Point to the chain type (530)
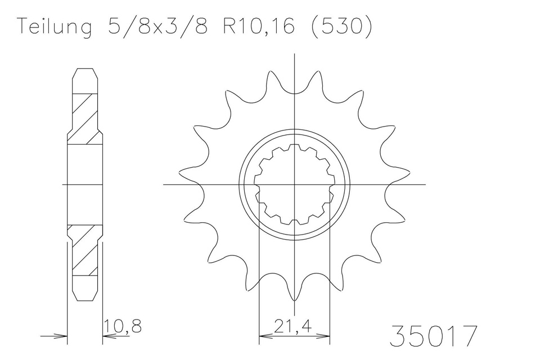point(341,27)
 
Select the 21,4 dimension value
point(294,326)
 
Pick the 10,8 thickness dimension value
point(123,326)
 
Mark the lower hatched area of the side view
point(85,250)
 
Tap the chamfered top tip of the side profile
point(85,70)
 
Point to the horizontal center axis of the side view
point(85,184)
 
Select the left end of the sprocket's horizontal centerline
point(164,184)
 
